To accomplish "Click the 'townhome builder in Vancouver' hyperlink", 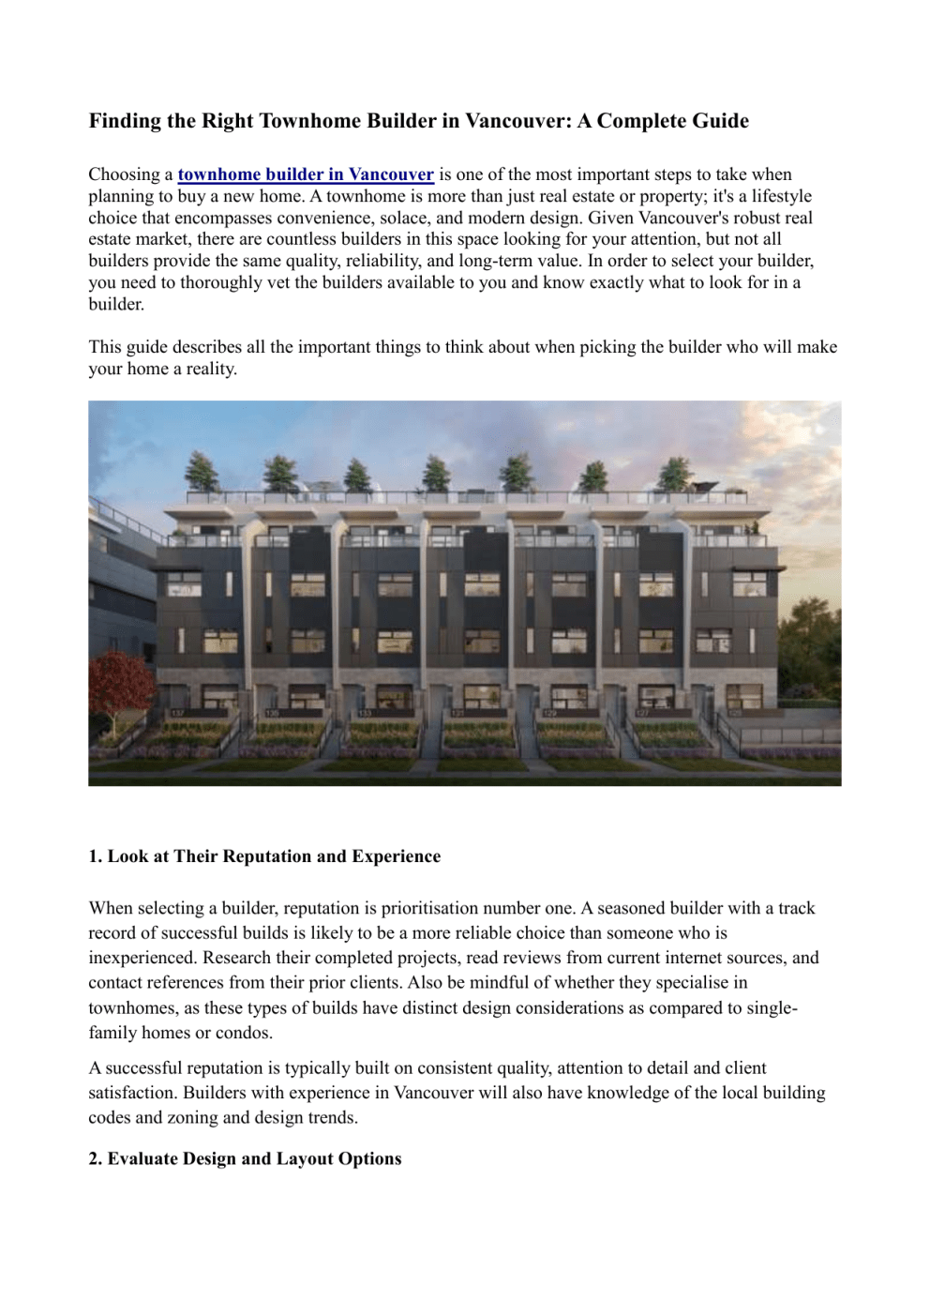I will click(x=306, y=174).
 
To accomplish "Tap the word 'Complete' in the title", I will click(x=640, y=121).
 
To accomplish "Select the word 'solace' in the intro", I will click(x=403, y=218).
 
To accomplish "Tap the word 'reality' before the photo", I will click(x=211, y=369).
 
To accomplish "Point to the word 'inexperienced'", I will click(x=142, y=958).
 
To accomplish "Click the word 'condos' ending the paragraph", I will click(x=243, y=1033).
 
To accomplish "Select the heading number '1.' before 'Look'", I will click(x=96, y=856).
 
